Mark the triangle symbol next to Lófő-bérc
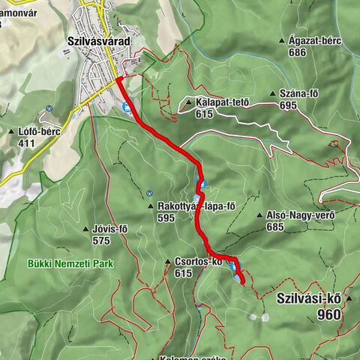tap(10, 131)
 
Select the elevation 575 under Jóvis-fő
tap(100, 241)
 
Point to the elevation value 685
tap(275, 226)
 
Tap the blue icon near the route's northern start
tap(127, 107)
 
